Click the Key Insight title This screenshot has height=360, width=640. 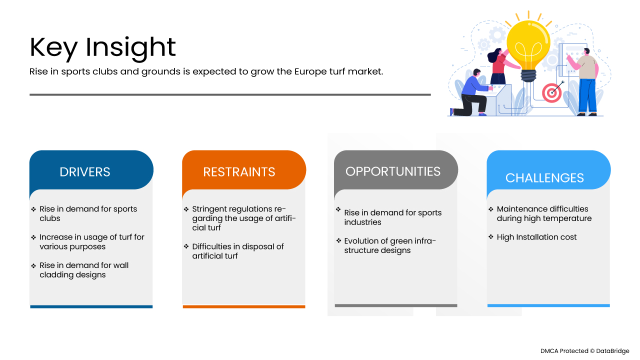pos(102,47)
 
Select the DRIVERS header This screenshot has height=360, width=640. pos(84,172)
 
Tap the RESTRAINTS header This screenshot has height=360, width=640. pos(239,172)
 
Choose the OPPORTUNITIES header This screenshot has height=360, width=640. pos(393,171)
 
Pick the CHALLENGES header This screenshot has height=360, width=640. pos(544,178)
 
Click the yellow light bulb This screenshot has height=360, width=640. pos(528,45)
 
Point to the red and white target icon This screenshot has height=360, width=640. pos(552,92)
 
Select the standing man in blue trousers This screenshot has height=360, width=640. pos(586,82)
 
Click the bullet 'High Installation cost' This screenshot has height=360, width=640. pos(536,237)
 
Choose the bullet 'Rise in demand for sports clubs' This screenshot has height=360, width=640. pos(88,213)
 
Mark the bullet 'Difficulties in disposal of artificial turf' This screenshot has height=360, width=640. pos(237,251)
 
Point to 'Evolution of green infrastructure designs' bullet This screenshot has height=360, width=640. pos(390,245)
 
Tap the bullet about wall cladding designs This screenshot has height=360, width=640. pos(84,270)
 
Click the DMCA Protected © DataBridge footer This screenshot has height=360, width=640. pos(584,351)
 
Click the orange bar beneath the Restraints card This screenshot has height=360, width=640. pos(244,306)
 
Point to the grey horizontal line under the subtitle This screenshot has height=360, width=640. pos(230,94)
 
